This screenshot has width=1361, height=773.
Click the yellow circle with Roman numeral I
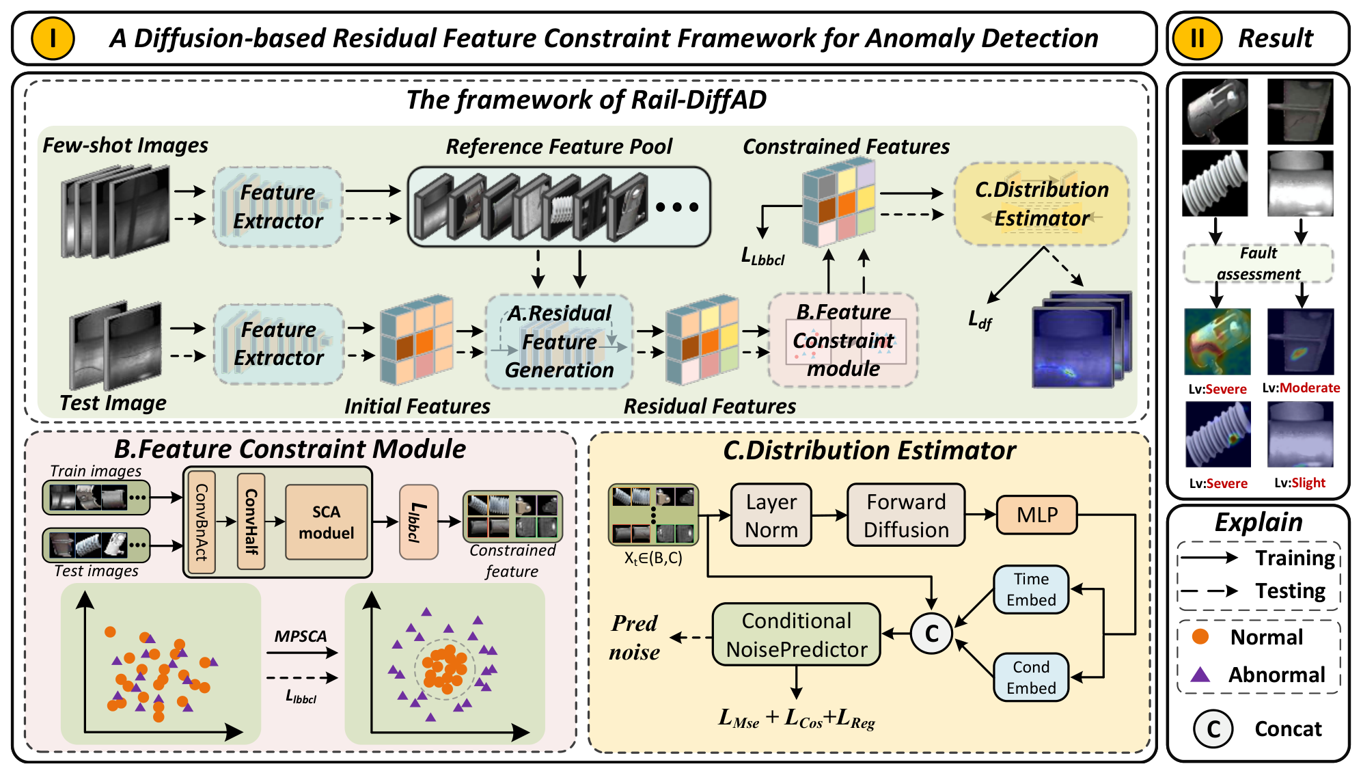(x=53, y=38)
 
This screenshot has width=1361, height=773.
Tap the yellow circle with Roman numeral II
(x=1197, y=38)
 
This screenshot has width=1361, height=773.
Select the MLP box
(x=1037, y=515)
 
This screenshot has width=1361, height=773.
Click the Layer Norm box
(x=771, y=515)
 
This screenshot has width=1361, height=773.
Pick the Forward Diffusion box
(x=906, y=515)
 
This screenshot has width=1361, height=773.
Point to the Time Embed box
(x=1031, y=589)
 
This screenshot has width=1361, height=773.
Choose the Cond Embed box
(x=1031, y=677)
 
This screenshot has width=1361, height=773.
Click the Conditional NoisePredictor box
(x=797, y=634)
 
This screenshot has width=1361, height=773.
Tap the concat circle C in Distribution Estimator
(x=931, y=634)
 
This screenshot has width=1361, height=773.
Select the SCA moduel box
(x=327, y=522)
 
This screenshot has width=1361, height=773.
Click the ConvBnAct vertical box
(x=202, y=522)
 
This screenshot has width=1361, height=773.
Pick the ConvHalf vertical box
(x=251, y=522)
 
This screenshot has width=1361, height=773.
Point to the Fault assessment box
(x=1259, y=264)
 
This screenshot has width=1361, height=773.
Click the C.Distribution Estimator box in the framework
(x=1041, y=204)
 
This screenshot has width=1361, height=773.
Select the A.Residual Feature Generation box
(x=559, y=341)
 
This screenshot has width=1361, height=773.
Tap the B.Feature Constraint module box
(x=843, y=340)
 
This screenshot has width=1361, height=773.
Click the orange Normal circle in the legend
(x=1200, y=636)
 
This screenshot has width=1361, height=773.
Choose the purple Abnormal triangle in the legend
(x=1200, y=675)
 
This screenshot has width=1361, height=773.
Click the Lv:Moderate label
(x=1301, y=388)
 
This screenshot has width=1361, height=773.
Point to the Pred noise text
(x=635, y=637)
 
